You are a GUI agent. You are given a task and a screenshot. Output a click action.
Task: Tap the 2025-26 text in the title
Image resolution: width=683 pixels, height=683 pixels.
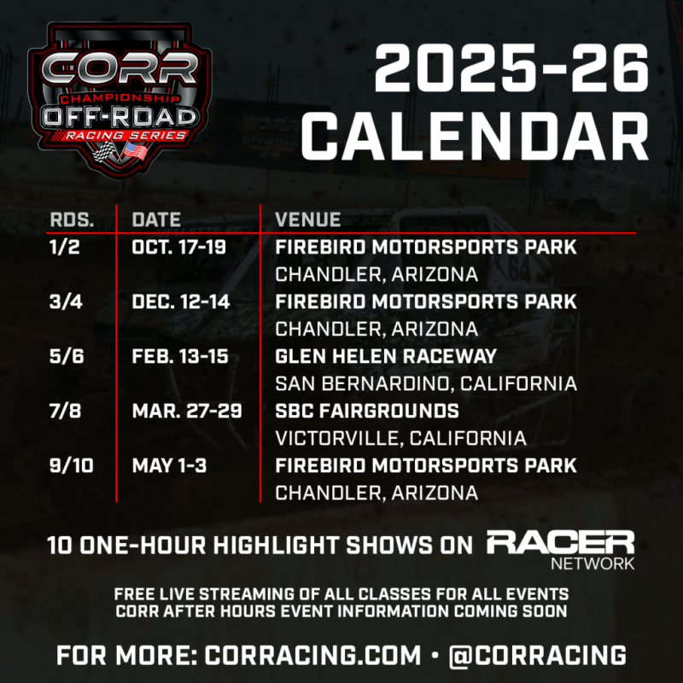(511, 71)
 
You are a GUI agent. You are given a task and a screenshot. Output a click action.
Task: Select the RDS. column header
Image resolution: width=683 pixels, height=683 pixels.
(69, 219)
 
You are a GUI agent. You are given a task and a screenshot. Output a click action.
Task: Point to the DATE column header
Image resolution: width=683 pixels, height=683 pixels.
(156, 219)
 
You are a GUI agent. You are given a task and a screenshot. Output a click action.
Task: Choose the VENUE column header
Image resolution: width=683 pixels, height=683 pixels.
(307, 219)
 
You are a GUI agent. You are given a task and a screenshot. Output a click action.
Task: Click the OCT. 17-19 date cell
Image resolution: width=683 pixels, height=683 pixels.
(182, 248)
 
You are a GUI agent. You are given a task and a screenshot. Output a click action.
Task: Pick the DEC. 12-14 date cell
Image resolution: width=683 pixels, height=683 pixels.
(181, 302)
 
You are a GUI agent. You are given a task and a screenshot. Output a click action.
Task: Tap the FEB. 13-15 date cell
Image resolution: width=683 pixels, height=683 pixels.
(180, 357)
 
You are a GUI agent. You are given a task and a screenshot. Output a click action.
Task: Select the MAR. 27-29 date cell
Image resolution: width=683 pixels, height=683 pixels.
(187, 412)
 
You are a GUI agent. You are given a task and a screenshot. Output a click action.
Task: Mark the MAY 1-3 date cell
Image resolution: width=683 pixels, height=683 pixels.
(169, 466)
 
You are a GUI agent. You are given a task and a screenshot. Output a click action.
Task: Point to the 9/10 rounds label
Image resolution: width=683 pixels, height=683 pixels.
(70, 466)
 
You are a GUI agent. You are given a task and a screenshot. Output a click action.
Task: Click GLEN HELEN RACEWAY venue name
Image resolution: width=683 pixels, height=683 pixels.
(386, 357)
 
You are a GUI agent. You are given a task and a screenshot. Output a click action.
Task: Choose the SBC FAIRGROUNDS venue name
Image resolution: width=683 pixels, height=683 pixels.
(367, 412)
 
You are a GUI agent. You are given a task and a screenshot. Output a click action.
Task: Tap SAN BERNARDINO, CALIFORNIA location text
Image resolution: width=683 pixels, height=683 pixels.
(425, 383)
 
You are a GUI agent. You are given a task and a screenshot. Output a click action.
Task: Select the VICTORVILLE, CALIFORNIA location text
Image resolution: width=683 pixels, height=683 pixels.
(400, 438)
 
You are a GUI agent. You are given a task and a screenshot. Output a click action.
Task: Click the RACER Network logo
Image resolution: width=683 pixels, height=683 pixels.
(560, 549)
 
